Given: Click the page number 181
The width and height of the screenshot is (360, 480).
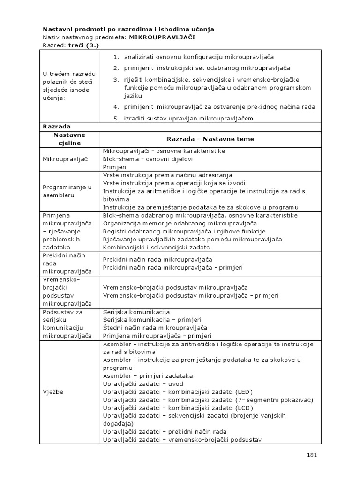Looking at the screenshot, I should [x=312, y=454].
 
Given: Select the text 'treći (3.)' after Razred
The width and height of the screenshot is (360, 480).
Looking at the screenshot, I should [x=83, y=45].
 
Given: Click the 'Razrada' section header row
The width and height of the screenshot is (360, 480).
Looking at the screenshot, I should [x=56, y=127].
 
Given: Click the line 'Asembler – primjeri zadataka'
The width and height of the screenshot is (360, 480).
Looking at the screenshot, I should [x=148, y=375].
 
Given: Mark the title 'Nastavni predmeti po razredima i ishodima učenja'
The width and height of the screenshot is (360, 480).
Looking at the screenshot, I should [x=128, y=29].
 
